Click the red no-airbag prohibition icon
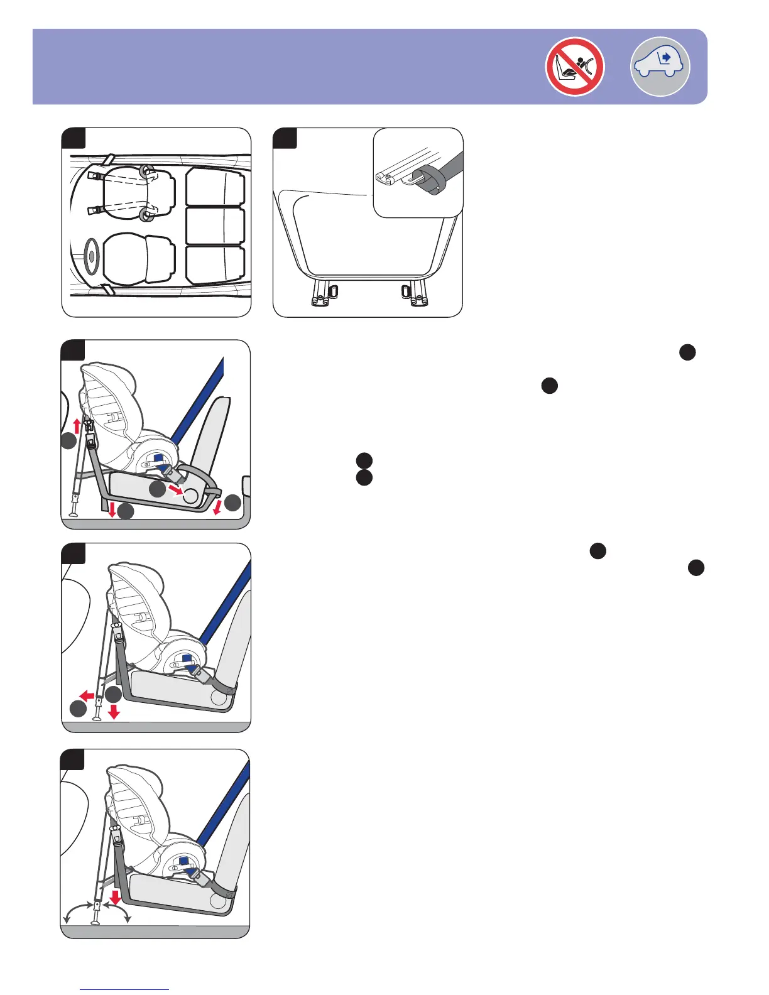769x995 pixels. (575, 67)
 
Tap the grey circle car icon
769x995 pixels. (660, 67)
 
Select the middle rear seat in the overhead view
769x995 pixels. (215, 226)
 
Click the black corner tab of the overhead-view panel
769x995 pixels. (73, 138)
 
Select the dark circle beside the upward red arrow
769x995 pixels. (69, 443)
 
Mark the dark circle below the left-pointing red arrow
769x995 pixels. (77, 710)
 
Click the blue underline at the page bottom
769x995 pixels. (125, 989)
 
